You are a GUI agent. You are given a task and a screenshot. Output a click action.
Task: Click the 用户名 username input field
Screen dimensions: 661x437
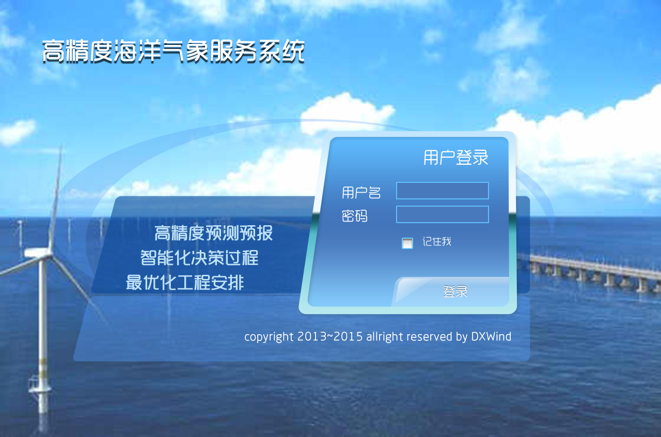pyautogui.click(x=443, y=191)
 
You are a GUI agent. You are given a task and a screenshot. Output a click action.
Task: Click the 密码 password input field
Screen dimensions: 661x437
pyautogui.click(x=443, y=214)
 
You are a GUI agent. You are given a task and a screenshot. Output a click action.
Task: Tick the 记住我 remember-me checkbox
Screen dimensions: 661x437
pyautogui.click(x=407, y=243)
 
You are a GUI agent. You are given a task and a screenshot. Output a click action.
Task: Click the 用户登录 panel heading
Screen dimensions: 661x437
pyautogui.click(x=456, y=158)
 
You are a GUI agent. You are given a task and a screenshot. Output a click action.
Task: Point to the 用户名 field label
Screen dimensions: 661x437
pyautogui.click(x=361, y=193)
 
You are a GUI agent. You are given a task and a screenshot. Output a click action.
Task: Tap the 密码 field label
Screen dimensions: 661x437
pyautogui.click(x=354, y=216)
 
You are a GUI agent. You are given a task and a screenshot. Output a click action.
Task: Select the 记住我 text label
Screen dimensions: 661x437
pyautogui.click(x=437, y=242)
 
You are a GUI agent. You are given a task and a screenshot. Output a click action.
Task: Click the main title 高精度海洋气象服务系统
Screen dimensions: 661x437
pyautogui.click(x=174, y=51)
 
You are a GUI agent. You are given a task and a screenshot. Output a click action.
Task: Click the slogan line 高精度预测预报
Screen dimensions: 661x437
pyautogui.click(x=213, y=233)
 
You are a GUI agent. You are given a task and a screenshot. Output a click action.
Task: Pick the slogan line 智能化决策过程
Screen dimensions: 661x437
pyautogui.click(x=199, y=258)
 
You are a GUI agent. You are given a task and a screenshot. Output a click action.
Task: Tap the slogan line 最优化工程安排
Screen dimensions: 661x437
pyautogui.click(x=185, y=282)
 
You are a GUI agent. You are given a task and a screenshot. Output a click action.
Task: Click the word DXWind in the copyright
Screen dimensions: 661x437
pyautogui.click(x=491, y=337)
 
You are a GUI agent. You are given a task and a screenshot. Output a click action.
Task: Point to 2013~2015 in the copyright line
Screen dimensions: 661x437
pyautogui.click(x=330, y=337)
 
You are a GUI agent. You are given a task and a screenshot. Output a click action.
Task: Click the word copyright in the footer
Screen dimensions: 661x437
pyautogui.click(x=269, y=337)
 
